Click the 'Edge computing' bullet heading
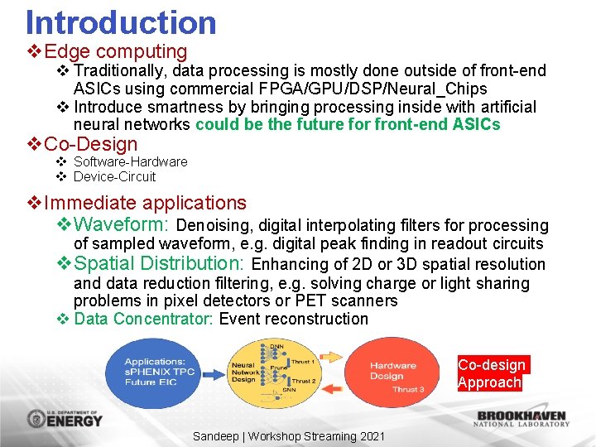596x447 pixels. tap(116, 52)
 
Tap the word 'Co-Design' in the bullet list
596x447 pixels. tap(91, 144)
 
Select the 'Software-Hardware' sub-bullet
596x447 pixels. tap(130, 161)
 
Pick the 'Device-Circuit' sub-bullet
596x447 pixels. tap(114, 176)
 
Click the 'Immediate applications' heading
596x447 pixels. tap(145, 203)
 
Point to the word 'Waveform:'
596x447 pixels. tap(122, 224)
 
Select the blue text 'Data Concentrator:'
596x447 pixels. tap(144, 319)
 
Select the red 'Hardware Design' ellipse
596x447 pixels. tap(393, 372)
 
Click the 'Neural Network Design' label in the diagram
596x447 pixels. tap(244, 372)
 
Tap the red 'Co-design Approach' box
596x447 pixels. tap(491, 373)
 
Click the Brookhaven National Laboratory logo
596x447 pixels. tap(521, 418)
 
